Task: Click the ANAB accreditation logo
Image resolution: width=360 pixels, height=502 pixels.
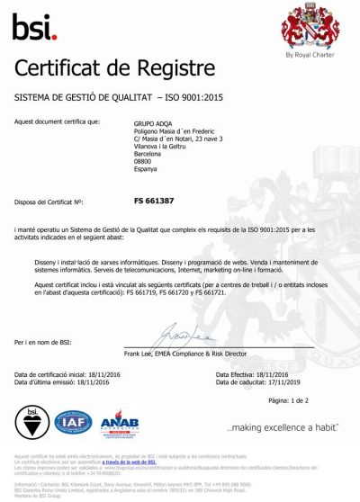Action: click(x=119, y=422)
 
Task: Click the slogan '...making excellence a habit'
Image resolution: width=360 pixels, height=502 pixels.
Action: click(x=282, y=426)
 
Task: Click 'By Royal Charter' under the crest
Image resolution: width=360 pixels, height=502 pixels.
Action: click(x=309, y=54)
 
